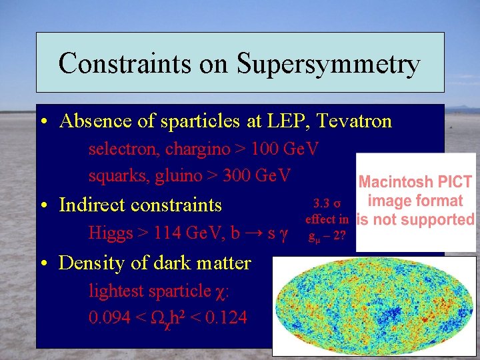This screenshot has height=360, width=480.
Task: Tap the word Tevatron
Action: [355, 121]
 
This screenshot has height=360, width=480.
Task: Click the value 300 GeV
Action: [257, 175]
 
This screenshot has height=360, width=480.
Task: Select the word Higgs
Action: [110, 233]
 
